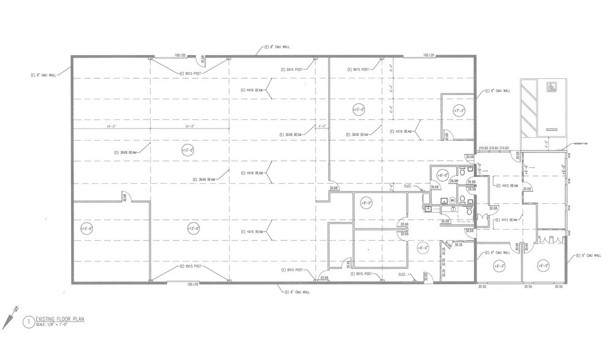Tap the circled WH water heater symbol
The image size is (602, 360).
[x=452, y=200]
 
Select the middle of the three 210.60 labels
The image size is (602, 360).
[x=493, y=148]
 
